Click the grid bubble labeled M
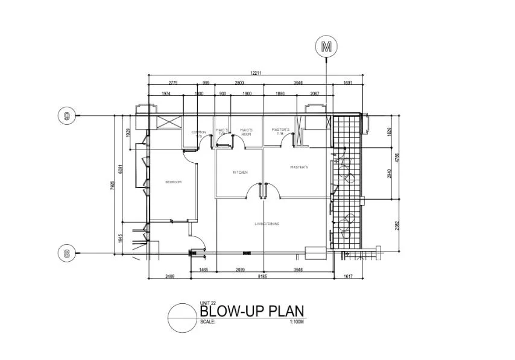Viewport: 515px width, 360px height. [x=327, y=45]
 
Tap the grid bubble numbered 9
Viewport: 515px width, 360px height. [x=67, y=115]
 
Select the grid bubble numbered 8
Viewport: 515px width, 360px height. [x=67, y=253]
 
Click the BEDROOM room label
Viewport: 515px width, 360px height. [x=174, y=182]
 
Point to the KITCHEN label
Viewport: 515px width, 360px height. [x=241, y=172]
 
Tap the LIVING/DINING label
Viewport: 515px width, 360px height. [x=267, y=224]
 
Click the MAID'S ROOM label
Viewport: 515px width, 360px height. [x=246, y=131]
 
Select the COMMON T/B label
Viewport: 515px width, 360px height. [x=198, y=133]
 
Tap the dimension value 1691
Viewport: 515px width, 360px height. [x=347, y=82]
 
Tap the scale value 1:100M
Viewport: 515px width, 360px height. [x=297, y=322]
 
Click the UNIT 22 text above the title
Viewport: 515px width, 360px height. [x=207, y=303]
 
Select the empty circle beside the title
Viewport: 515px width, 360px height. [x=183, y=318]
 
